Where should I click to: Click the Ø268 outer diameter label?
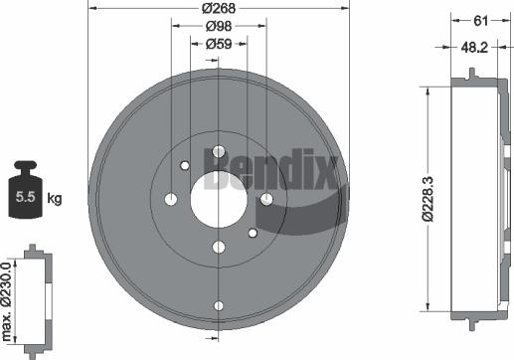coord(219,9)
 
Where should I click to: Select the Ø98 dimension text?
coord(219,28)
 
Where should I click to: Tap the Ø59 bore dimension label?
coord(219,46)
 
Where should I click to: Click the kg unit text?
coord(55,200)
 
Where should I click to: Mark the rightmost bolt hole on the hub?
coord(266,200)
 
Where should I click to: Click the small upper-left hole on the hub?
coord(185,166)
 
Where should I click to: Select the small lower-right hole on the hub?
coord(253,234)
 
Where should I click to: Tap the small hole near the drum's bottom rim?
coord(219,306)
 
